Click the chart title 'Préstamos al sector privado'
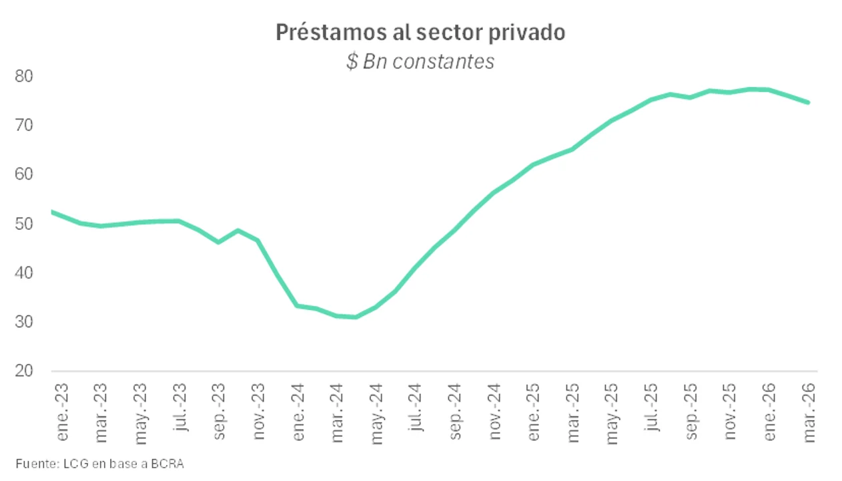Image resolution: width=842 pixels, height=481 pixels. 420,33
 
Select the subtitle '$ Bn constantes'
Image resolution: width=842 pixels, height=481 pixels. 420,61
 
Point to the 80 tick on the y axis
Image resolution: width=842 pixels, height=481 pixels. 23,76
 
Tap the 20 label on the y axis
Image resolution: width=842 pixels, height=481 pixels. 23,371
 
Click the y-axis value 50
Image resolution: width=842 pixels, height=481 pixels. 23,224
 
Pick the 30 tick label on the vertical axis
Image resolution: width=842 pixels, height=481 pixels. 23,322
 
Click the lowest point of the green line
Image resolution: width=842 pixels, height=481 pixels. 356,317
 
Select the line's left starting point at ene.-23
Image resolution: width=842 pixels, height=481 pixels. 52,212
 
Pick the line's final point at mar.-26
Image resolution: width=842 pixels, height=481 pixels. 808,102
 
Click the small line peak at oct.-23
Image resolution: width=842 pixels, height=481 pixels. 238,230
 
